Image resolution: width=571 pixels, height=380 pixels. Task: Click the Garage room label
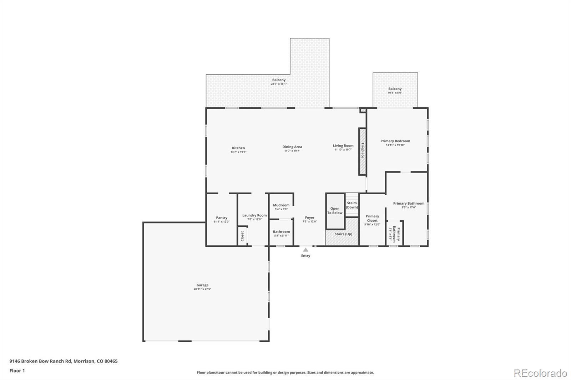tap(202, 285)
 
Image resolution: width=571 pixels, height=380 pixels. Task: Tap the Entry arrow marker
tap(305, 250)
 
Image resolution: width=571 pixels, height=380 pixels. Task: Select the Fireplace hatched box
tap(362, 152)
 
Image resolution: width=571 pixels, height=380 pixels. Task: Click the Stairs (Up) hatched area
tap(343, 234)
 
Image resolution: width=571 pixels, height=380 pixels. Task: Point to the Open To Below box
tap(335, 211)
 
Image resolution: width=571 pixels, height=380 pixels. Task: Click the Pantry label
tap(222, 218)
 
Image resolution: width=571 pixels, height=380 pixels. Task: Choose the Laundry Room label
tap(254, 215)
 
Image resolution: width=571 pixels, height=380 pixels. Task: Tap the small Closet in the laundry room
tap(242, 236)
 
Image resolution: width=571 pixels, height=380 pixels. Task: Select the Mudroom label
tap(281, 205)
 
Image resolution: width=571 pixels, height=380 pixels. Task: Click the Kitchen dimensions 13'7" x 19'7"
tap(238, 152)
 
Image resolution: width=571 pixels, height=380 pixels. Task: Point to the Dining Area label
tap(292, 147)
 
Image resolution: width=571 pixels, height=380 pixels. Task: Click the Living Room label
tap(343, 146)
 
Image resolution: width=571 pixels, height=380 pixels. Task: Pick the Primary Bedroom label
tap(395, 141)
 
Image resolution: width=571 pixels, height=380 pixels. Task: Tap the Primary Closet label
tap(372, 218)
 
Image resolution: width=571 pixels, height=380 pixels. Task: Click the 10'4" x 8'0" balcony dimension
tap(395, 93)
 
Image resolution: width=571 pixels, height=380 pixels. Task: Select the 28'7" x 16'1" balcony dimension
tap(279, 84)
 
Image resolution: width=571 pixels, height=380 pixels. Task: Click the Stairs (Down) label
tap(352, 205)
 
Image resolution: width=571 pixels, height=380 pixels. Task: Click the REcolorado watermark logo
tap(540, 373)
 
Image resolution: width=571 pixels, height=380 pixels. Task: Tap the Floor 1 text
tap(17, 371)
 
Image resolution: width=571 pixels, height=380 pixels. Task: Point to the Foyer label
tap(310, 218)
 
